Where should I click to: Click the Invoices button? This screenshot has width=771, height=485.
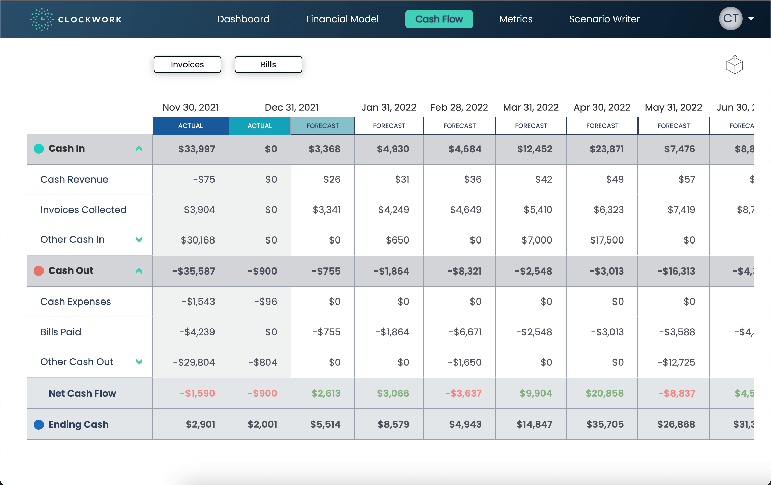187,64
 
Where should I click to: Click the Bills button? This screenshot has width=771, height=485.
268,64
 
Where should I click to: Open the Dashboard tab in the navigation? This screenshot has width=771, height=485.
243,19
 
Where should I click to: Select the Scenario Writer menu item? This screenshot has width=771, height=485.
604,19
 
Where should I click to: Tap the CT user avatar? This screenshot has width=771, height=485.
731,19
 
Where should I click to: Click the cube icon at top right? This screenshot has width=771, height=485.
735,64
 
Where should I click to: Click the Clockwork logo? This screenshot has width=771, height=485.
76,19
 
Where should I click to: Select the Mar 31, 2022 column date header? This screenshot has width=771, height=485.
530,107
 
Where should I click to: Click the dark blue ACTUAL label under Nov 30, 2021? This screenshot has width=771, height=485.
191,126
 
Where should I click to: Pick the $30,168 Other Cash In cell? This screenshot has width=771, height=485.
198,240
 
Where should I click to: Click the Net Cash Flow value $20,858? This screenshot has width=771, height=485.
604,393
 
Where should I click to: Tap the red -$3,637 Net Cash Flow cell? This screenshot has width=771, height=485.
463,393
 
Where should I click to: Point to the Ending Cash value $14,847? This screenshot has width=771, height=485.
534,424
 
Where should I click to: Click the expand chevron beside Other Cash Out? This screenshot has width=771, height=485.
139,362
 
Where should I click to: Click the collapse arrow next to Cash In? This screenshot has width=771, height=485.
139,149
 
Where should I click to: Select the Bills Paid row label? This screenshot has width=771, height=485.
61,332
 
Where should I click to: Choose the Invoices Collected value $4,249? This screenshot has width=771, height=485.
394,210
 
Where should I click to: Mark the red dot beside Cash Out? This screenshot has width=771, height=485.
39,271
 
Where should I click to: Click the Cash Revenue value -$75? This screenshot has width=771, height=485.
204,179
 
